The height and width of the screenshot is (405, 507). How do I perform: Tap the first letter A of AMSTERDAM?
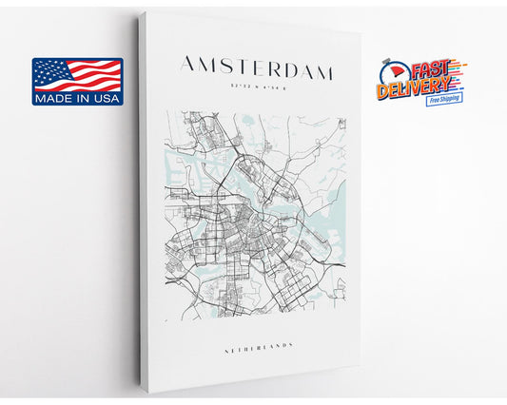click(x=188, y=66)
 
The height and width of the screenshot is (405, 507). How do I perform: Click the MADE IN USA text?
click(x=78, y=97)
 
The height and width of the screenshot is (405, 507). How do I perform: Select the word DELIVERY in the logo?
click(x=417, y=90)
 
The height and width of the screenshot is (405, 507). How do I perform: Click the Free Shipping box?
click(x=444, y=99)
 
